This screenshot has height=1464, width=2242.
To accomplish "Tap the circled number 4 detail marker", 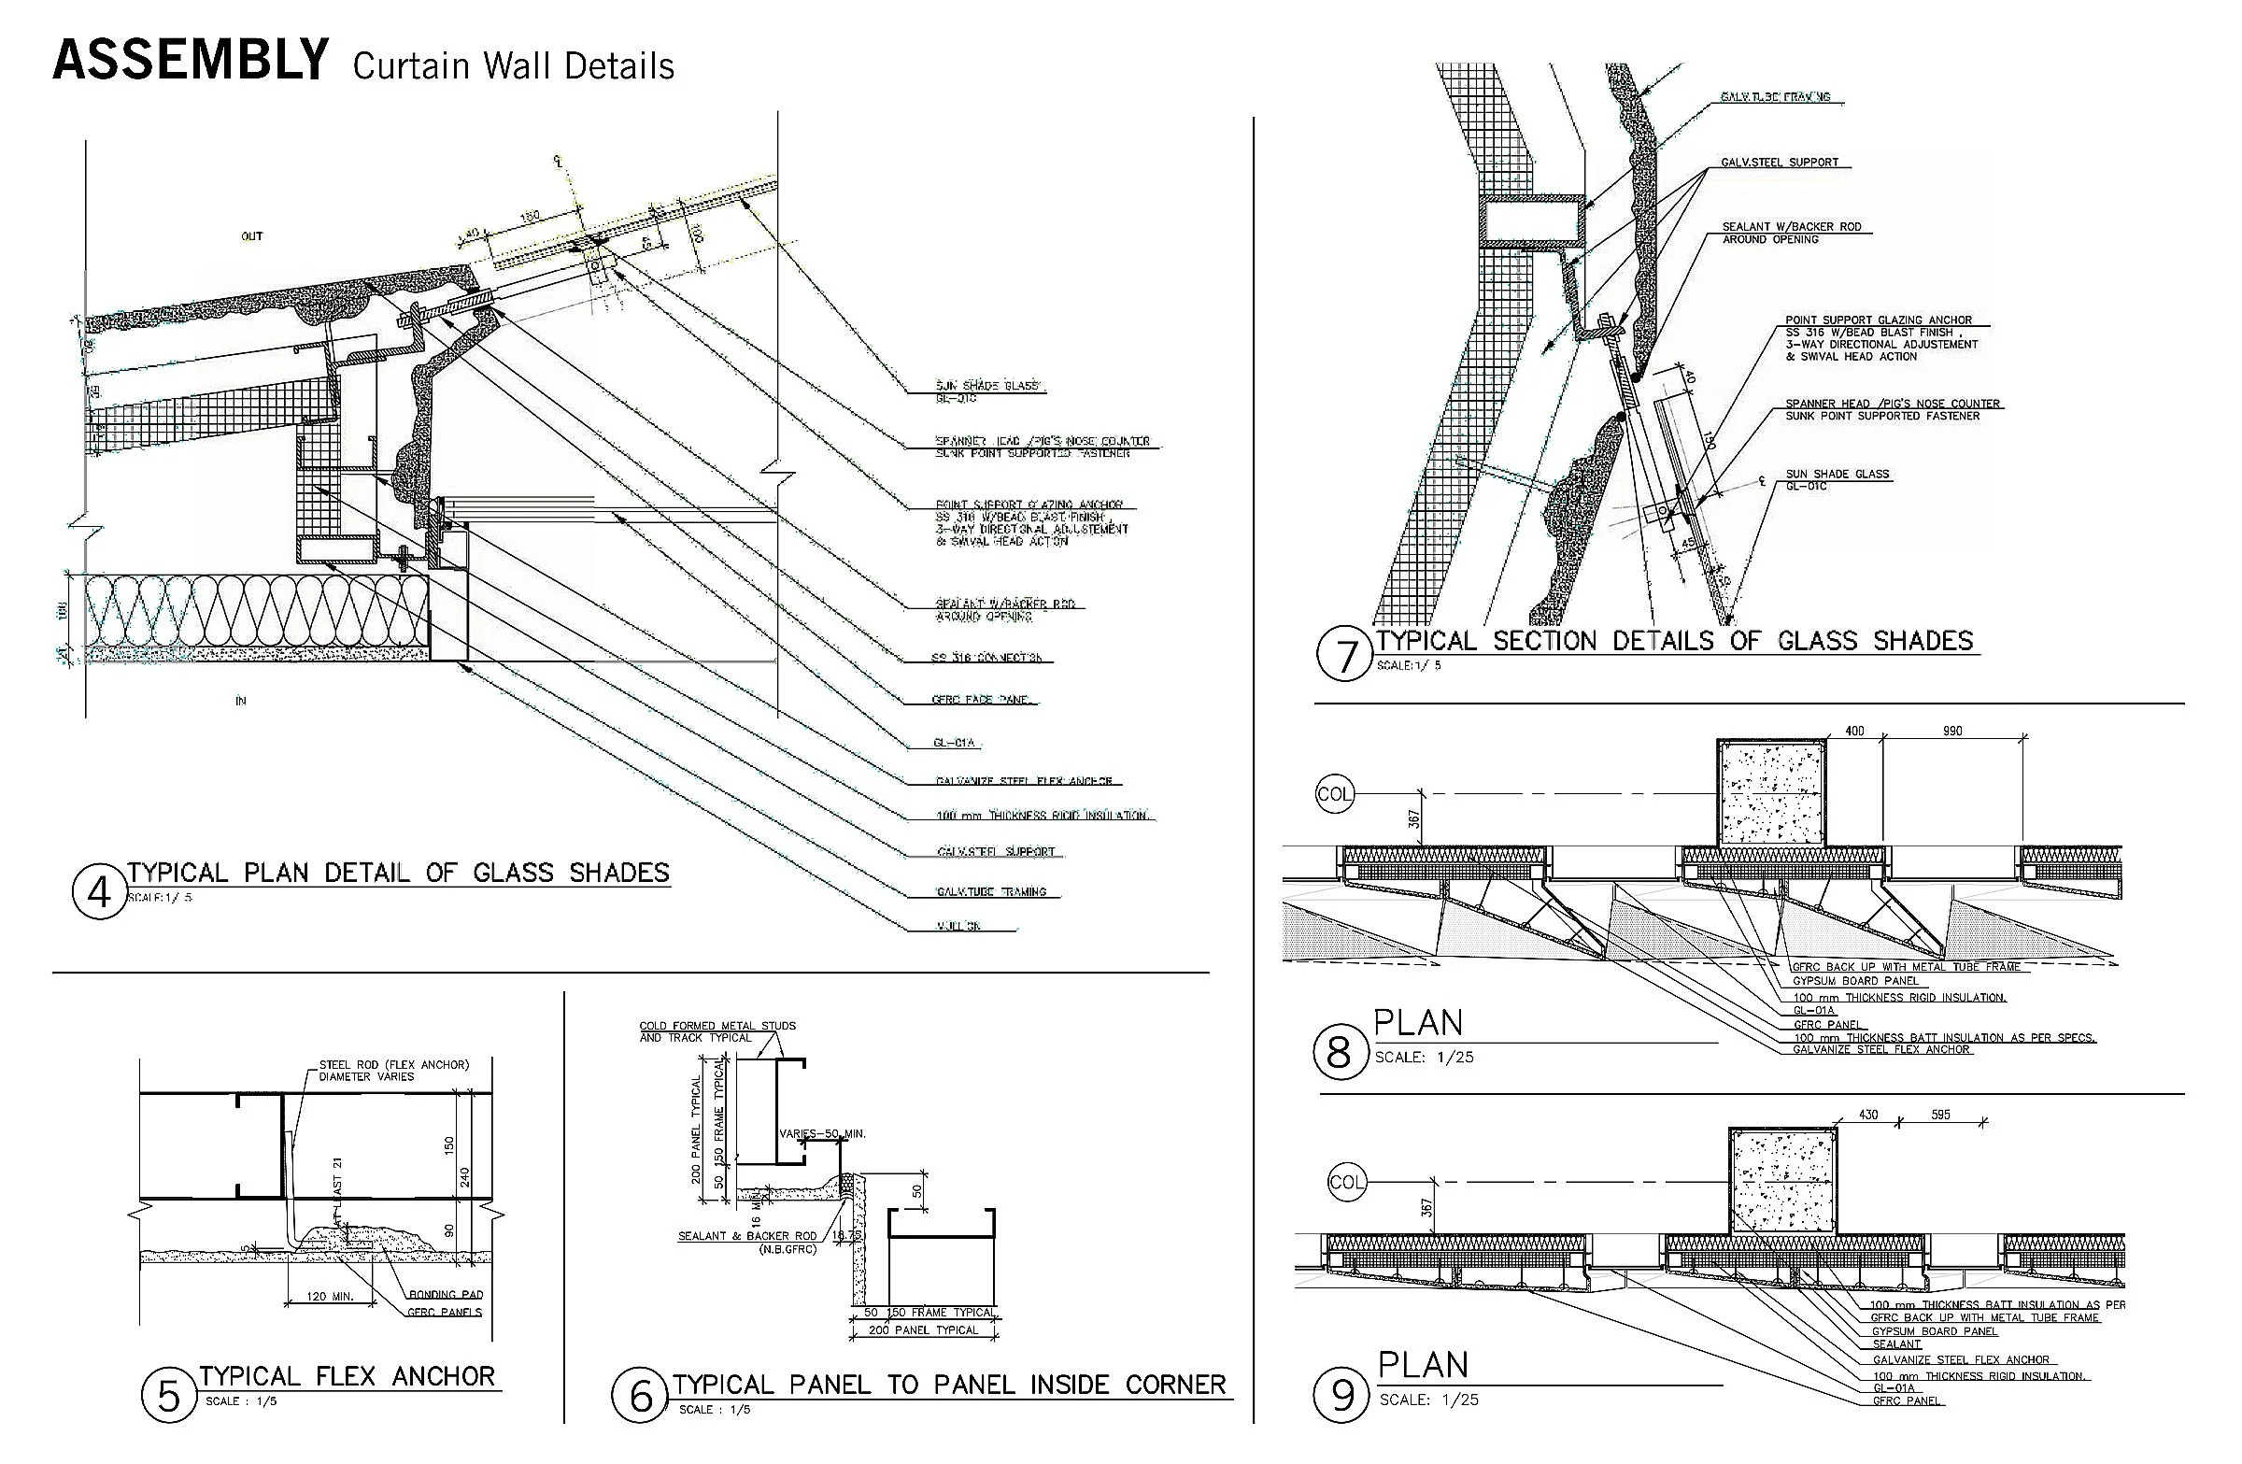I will (x=99, y=891).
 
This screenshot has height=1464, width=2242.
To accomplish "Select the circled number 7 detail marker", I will (x=1343, y=655).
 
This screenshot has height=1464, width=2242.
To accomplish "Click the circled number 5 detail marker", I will (x=167, y=1395).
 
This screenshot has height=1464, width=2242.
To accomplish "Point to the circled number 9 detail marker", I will (x=1341, y=1395).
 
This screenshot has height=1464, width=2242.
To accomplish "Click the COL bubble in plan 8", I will (x=1334, y=794).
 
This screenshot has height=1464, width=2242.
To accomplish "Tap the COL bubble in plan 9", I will (x=1346, y=1181).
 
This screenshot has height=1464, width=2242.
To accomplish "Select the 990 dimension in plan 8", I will (x=1951, y=731).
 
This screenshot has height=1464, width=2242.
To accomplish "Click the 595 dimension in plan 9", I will (x=1940, y=1115).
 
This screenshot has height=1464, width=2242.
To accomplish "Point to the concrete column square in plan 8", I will (x=1771, y=792).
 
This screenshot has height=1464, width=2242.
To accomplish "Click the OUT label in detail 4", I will (x=251, y=236).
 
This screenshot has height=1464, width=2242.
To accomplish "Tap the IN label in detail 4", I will (x=240, y=701).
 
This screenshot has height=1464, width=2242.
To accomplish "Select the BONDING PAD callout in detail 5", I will (x=446, y=1294).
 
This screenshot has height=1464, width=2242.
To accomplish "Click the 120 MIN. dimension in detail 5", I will (x=330, y=1297).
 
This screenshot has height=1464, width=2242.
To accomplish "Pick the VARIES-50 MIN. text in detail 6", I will (x=821, y=1133).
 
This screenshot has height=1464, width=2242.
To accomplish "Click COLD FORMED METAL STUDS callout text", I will (x=717, y=1026).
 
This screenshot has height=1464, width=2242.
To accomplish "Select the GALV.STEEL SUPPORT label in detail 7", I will (x=1780, y=162).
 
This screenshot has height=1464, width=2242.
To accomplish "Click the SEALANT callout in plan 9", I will (x=1896, y=1344).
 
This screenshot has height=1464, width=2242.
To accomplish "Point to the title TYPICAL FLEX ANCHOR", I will (x=347, y=1376).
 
